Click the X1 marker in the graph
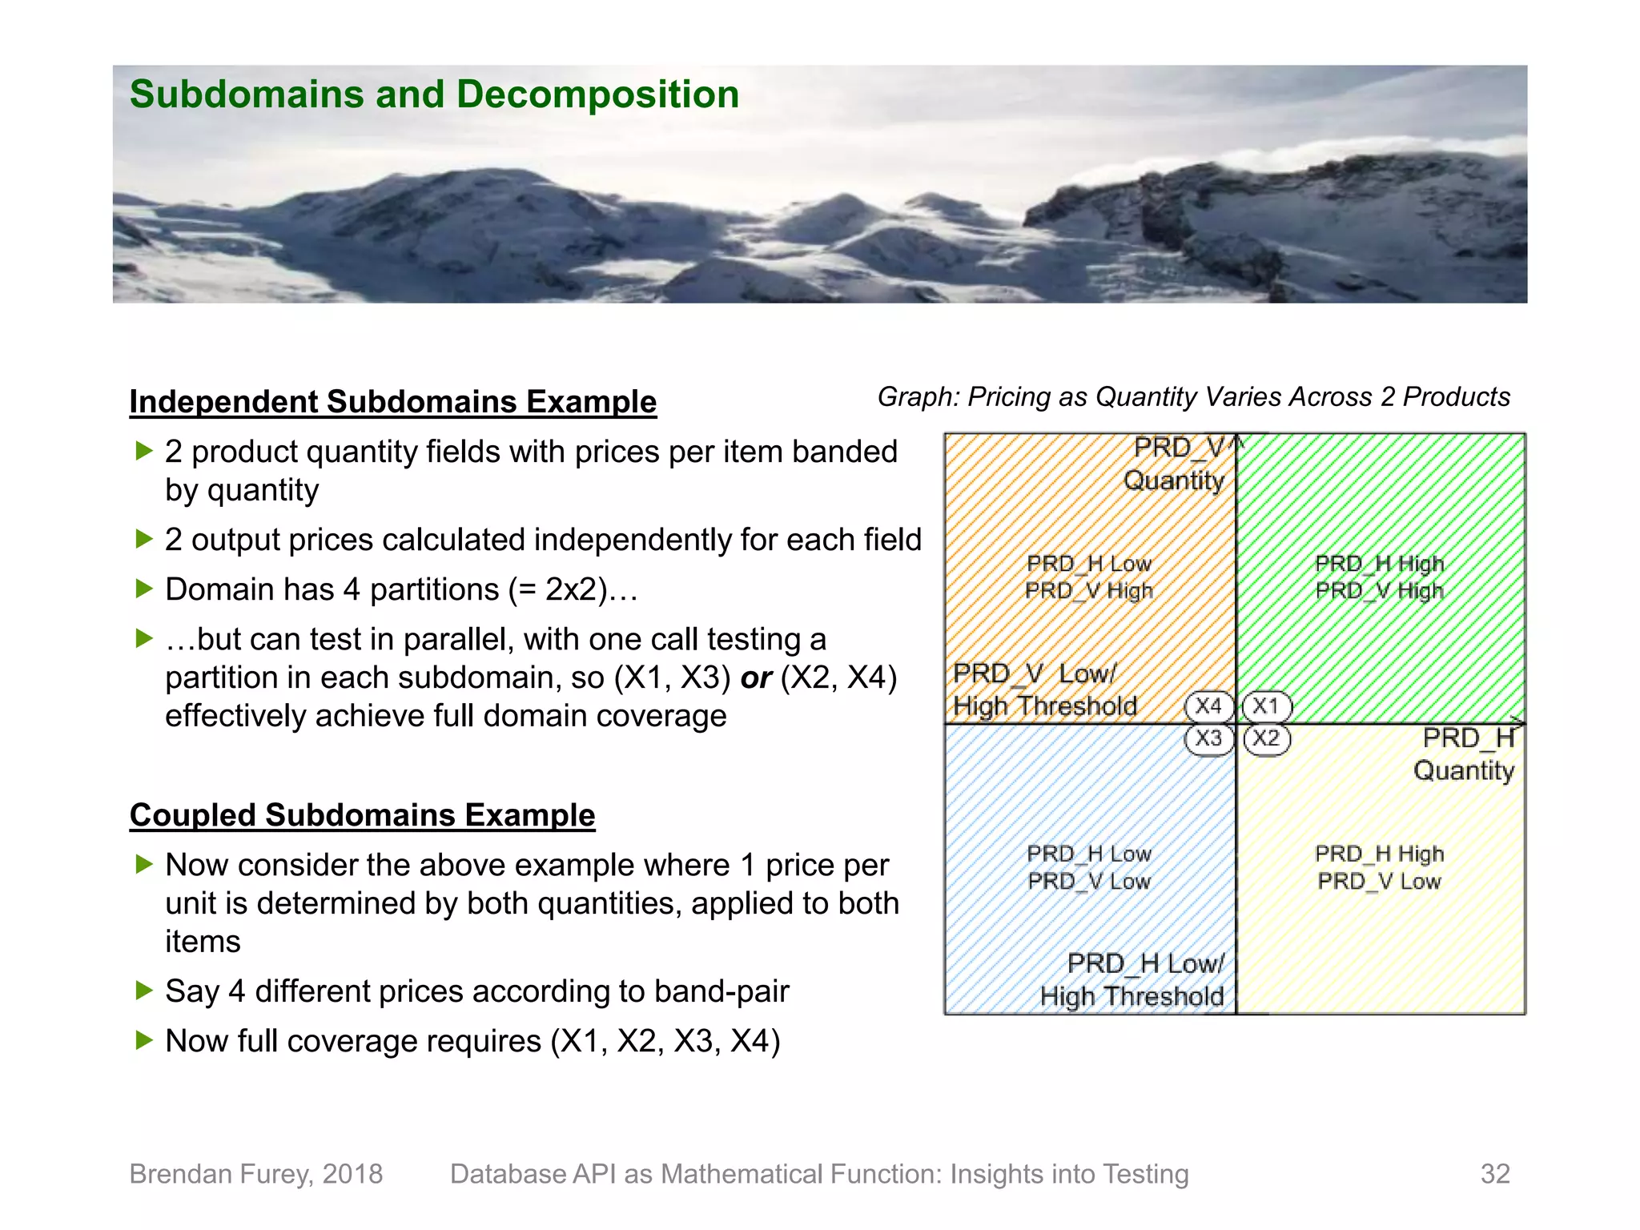(1266, 705)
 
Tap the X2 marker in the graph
(1266, 738)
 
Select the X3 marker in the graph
(1208, 738)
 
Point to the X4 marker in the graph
(1208, 705)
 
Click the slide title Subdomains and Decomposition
(434, 94)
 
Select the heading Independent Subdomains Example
(392, 402)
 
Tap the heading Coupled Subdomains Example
(362, 815)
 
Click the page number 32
(1494, 1174)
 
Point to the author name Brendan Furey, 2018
(256, 1174)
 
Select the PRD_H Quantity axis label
(1465, 754)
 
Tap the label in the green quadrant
(1379, 577)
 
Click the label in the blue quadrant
(1089, 867)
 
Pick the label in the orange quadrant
(1089, 577)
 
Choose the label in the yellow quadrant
(1379, 867)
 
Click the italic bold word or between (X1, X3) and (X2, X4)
(755, 678)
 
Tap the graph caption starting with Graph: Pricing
(1193, 397)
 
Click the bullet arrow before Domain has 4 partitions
(144, 589)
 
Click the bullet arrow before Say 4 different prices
(144, 991)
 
